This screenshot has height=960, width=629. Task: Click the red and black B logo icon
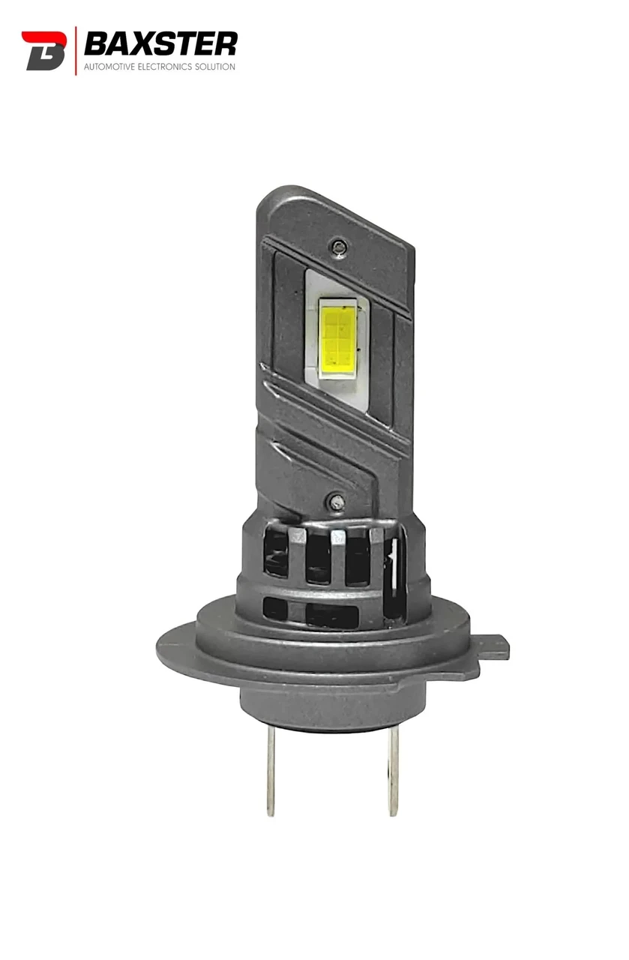click(x=43, y=51)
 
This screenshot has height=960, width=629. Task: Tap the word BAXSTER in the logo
click(x=160, y=44)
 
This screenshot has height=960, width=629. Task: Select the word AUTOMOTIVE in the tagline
click(x=109, y=67)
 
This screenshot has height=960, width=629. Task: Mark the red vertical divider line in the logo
click(x=76, y=51)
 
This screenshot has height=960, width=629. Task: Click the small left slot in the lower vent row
click(x=276, y=607)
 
